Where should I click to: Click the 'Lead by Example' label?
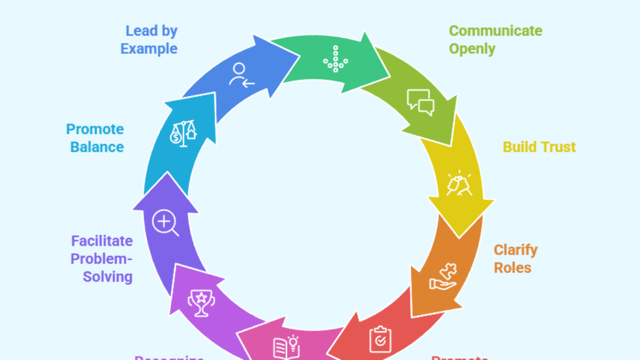pyautogui.click(x=149, y=40)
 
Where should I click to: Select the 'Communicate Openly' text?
pyautogui.click(x=495, y=40)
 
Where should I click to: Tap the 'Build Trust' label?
pyautogui.click(x=539, y=147)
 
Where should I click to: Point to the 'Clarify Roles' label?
pyautogui.click(x=515, y=259)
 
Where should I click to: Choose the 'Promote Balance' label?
pyautogui.click(x=95, y=138)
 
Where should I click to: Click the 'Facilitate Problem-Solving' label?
pyautogui.click(x=102, y=259)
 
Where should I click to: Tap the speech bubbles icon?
pyautogui.click(x=420, y=102)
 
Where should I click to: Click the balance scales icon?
pyautogui.click(x=183, y=133)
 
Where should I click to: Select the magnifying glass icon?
pyautogui.click(x=165, y=223)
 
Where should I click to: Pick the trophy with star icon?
pyautogui.click(x=201, y=302)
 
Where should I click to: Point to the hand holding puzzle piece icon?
pyautogui.click(x=443, y=277)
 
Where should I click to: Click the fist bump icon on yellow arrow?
pyautogui.click(x=458, y=184)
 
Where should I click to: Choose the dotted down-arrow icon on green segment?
pyautogui.click(x=335, y=59)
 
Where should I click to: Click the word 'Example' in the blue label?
pyautogui.click(x=149, y=49)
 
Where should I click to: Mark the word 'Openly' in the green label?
pyautogui.click(x=472, y=49)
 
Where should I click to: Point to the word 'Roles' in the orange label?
pyautogui.click(x=513, y=268)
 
